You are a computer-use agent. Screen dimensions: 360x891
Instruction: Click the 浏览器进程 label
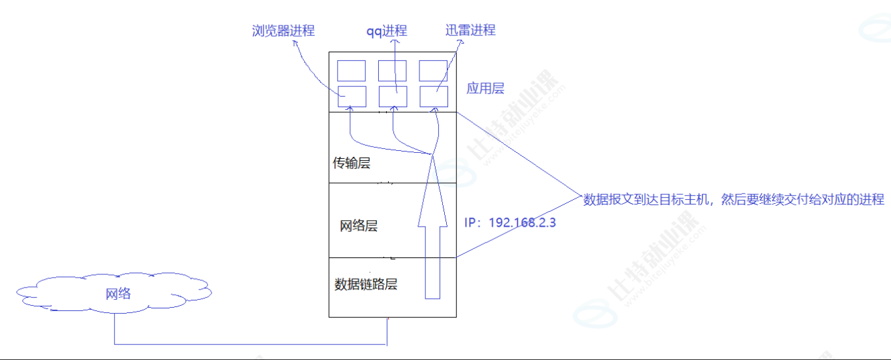[x=283, y=31]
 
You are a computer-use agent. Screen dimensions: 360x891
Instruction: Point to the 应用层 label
[x=485, y=88]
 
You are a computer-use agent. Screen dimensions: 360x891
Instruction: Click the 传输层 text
[x=351, y=163]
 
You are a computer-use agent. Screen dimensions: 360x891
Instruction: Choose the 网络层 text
[x=359, y=226]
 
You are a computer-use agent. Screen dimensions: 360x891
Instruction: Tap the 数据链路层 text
[x=366, y=284]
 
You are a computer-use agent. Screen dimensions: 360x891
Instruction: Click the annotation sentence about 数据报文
[x=734, y=199]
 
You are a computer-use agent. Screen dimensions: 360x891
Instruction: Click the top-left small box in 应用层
[x=351, y=71]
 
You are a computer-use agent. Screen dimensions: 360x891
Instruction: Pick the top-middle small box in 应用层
[x=393, y=71]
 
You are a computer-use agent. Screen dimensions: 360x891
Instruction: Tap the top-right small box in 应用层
[x=434, y=71]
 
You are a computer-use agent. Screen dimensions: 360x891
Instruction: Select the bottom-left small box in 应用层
[x=351, y=96]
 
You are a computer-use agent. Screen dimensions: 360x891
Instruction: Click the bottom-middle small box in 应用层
[x=393, y=96]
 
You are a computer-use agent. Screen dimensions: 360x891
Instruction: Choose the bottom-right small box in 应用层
[x=434, y=96]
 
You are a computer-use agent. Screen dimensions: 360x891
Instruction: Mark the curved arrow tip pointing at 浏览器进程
[x=294, y=42]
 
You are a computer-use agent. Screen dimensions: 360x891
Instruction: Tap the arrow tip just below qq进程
[x=395, y=41]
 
